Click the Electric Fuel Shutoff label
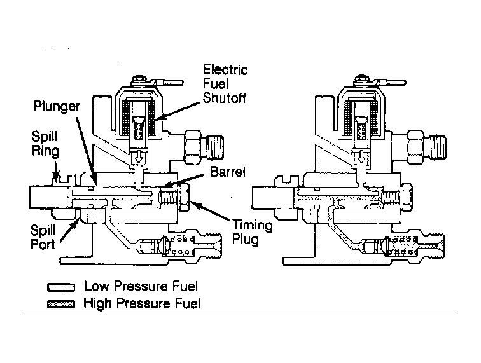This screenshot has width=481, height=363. tap(225, 84)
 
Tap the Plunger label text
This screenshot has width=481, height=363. tap(57, 106)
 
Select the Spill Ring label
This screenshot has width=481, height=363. tap(45, 144)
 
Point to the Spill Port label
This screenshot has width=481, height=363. tap(43, 237)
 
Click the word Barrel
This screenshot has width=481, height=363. tap(228, 172)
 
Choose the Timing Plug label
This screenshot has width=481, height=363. tap(252, 232)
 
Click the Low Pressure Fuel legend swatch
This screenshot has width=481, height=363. tap(61, 287)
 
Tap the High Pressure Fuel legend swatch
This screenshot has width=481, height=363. tap(61, 304)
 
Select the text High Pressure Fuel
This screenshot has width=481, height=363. tap(142, 303)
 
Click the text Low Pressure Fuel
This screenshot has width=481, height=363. tap(141, 286)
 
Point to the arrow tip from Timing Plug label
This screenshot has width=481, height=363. tap(192, 201)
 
